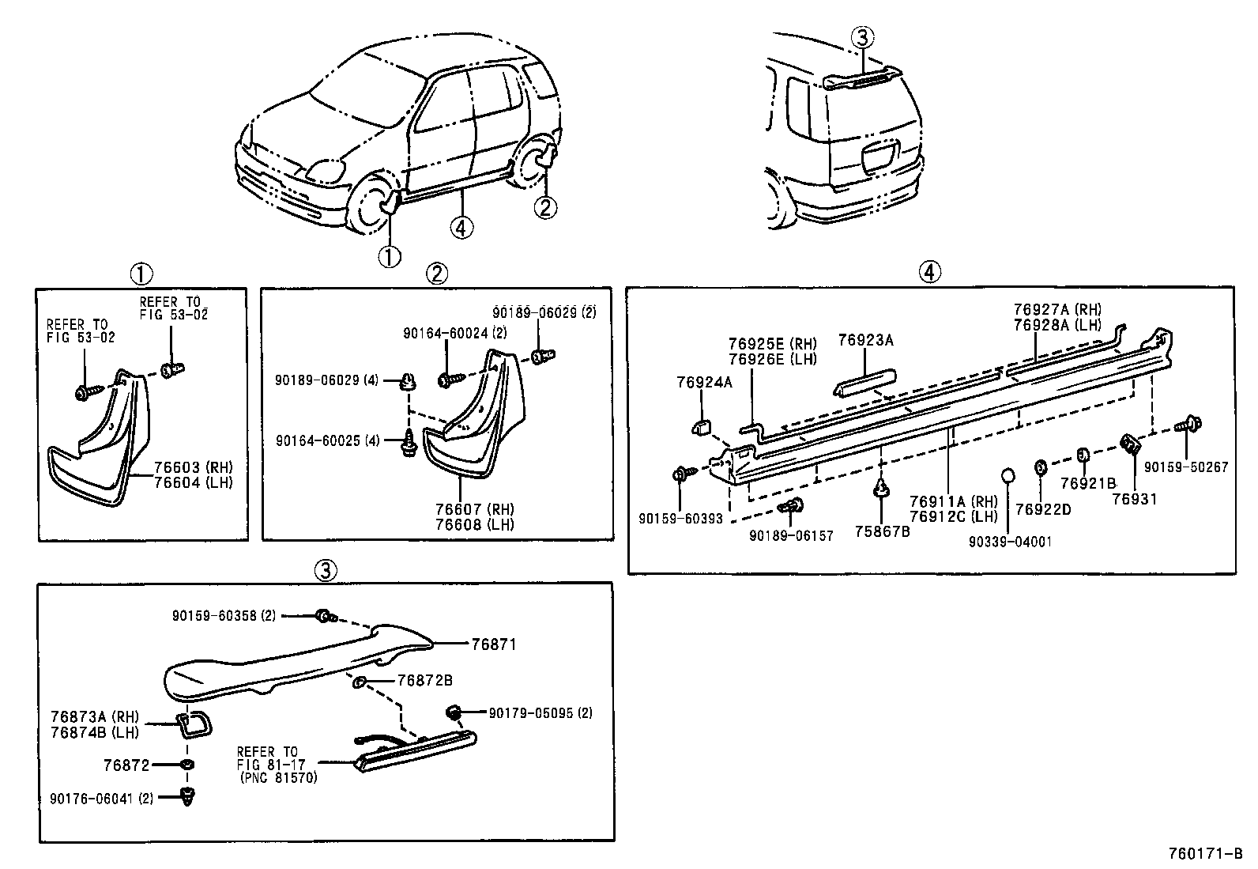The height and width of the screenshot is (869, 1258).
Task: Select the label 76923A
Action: [865, 340]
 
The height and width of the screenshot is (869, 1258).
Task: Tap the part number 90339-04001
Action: [1010, 542]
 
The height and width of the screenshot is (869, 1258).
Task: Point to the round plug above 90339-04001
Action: [1008, 476]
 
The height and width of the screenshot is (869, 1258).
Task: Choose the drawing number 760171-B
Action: [1205, 854]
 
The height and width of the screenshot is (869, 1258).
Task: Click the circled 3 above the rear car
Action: [863, 36]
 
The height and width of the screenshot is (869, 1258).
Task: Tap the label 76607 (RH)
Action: [474, 509]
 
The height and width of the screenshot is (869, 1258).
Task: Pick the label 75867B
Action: [882, 531]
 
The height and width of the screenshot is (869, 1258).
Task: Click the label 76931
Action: [1134, 499]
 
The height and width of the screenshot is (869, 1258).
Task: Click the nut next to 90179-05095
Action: [454, 712]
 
